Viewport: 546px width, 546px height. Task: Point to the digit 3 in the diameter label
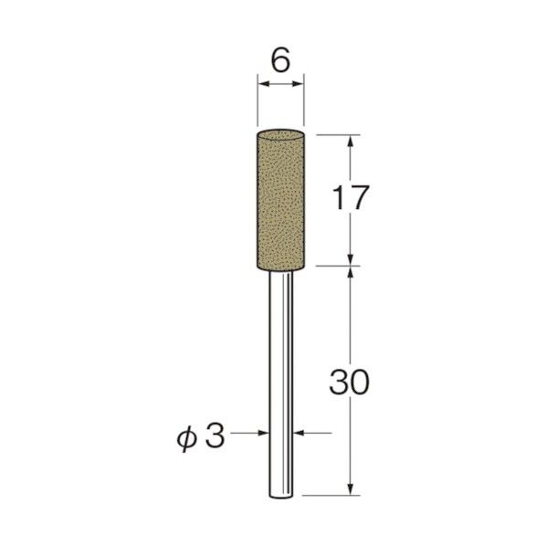tap(216, 436)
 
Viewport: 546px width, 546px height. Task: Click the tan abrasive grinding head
tap(280, 199)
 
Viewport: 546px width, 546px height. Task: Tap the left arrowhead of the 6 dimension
tap(261, 85)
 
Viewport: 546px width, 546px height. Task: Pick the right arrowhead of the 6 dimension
tap(299, 85)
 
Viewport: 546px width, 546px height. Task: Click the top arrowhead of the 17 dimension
tap(351, 139)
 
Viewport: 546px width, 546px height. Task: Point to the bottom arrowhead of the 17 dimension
tap(351, 260)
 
